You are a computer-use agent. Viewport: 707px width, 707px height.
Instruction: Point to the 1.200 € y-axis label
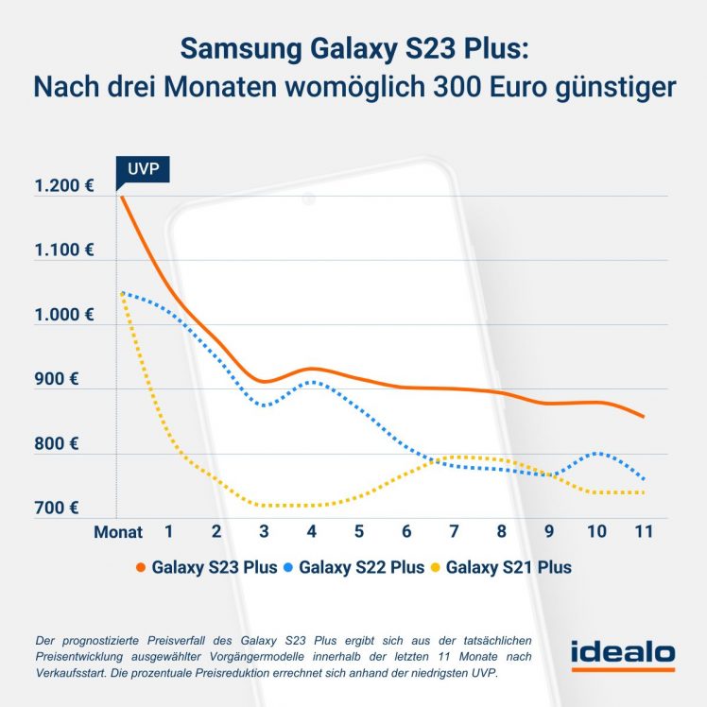[64, 186]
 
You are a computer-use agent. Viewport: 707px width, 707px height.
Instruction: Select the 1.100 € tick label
[64, 250]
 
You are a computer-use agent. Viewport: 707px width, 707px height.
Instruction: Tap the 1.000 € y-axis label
[64, 315]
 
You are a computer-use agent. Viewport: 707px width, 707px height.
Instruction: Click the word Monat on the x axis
[118, 532]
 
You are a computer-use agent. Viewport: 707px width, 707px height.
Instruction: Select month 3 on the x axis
[264, 531]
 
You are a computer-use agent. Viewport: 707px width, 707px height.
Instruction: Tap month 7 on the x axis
[454, 531]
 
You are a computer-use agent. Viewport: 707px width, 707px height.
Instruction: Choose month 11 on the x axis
[644, 531]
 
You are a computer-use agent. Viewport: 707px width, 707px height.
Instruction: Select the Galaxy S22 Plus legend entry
[360, 567]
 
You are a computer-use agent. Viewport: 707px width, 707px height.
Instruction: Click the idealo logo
[622, 653]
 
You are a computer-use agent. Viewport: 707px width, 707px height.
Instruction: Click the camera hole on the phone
[308, 198]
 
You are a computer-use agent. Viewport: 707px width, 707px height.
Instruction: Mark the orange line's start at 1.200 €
[120, 196]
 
